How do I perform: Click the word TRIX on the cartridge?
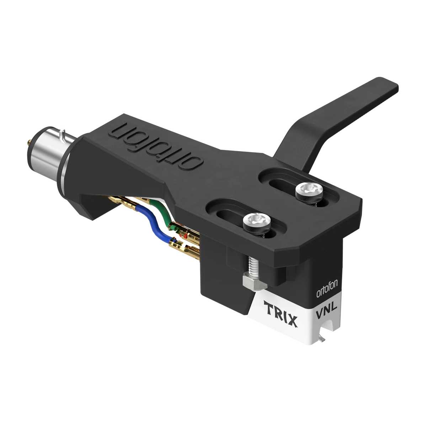click(x=281, y=314)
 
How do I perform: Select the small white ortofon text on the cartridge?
click(x=327, y=288)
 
